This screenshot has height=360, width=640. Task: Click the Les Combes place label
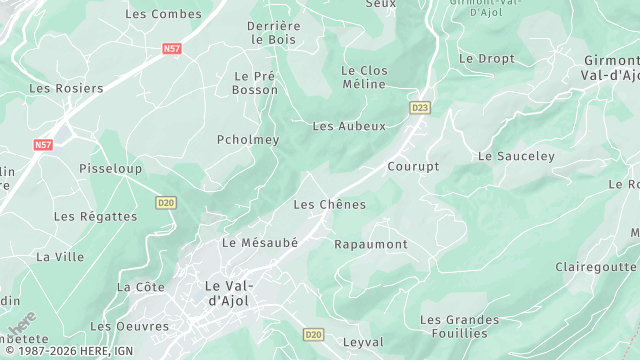pos(162,14)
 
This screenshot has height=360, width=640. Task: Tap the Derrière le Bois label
pos(274,32)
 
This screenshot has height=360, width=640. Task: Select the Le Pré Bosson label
pos(255,83)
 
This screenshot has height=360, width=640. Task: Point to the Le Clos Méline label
pos(364,77)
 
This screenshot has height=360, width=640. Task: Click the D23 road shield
pos(419,106)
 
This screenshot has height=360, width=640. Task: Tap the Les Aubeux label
pos(349,126)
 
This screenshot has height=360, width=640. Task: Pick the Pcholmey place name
pos(248,140)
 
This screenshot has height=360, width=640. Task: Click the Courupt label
pos(413,166)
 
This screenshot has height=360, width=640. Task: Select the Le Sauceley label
pos(516,156)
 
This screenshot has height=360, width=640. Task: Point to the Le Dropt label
pos(487,59)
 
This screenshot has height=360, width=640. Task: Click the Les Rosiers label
pos(66,88)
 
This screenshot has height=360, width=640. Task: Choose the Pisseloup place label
pos(110,168)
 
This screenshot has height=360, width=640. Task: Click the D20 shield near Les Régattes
pos(166,202)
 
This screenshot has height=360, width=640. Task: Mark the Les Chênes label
pos(329,204)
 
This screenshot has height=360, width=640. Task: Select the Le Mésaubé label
pos(260,242)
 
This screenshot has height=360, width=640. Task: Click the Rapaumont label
pos(370,244)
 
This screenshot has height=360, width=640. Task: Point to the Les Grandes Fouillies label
pos(459,326)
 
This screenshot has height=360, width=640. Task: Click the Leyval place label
pos(362,342)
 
